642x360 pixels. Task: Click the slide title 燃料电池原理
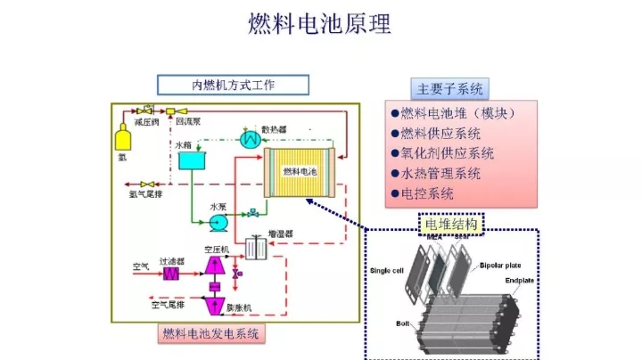point(320,24)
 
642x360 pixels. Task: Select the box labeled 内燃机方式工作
point(234,86)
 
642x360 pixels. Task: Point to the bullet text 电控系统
point(428,192)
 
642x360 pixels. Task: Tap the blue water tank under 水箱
point(191,160)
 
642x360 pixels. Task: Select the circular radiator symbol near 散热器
point(252,140)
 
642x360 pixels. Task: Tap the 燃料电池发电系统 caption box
point(210,335)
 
